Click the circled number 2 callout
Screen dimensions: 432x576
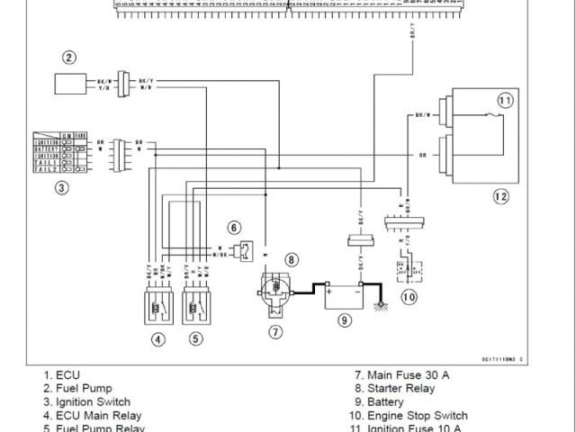tap(69, 58)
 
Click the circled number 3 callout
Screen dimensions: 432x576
tap(61, 188)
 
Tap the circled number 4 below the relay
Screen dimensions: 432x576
tap(158, 339)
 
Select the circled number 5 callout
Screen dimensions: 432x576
tap(196, 339)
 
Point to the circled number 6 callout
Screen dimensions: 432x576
tap(234, 227)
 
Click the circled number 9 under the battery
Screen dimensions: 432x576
tap(344, 319)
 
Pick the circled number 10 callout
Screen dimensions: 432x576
tap(409, 296)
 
